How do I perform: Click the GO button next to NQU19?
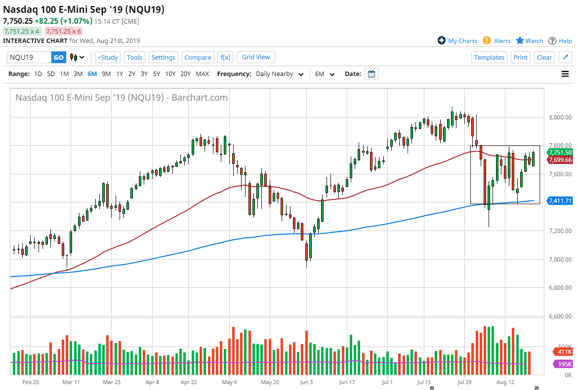tap(58, 57)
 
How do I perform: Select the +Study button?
tap(107, 57)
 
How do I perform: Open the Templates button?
tap(489, 57)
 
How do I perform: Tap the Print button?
tap(520, 57)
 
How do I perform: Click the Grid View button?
tap(256, 57)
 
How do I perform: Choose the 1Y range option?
tap(120, 74)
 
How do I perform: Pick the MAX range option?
tap(202, 74)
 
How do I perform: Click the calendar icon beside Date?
tap(371, 74)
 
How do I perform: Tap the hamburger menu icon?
tap(565, 74)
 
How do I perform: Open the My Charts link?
tap(457, 41)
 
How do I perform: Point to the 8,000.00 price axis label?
tap(560, 117)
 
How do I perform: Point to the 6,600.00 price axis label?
tap(560, 316)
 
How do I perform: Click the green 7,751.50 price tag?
tap(560, 153)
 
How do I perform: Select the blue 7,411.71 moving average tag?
tap(560, 201)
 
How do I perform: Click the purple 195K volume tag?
tap(562, 364)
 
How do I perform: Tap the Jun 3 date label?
tap(306, 382)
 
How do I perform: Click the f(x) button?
tap(225, 57)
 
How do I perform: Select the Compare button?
tap(198, 57)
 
